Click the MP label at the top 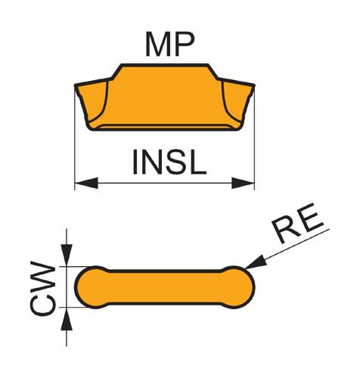coord(169,45)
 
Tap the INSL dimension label coord(169,162)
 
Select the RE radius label coord(298,223)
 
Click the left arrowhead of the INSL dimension coord(86,183)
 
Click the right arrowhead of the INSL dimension coord(243,183)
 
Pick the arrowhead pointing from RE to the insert coord(256,262)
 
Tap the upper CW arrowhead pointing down coord(67,255)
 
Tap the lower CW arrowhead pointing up coord(67,319)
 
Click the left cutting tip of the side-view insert coord(76,85)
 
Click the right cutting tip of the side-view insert coord(253,85)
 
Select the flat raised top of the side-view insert coord(165,65)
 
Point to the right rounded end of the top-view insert coord(240,287)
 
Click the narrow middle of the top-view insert coord(165,287)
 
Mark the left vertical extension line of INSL coord(75,138)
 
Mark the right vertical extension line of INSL coord(254,138)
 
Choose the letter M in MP coord(159,45)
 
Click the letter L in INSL coord(198,162)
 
